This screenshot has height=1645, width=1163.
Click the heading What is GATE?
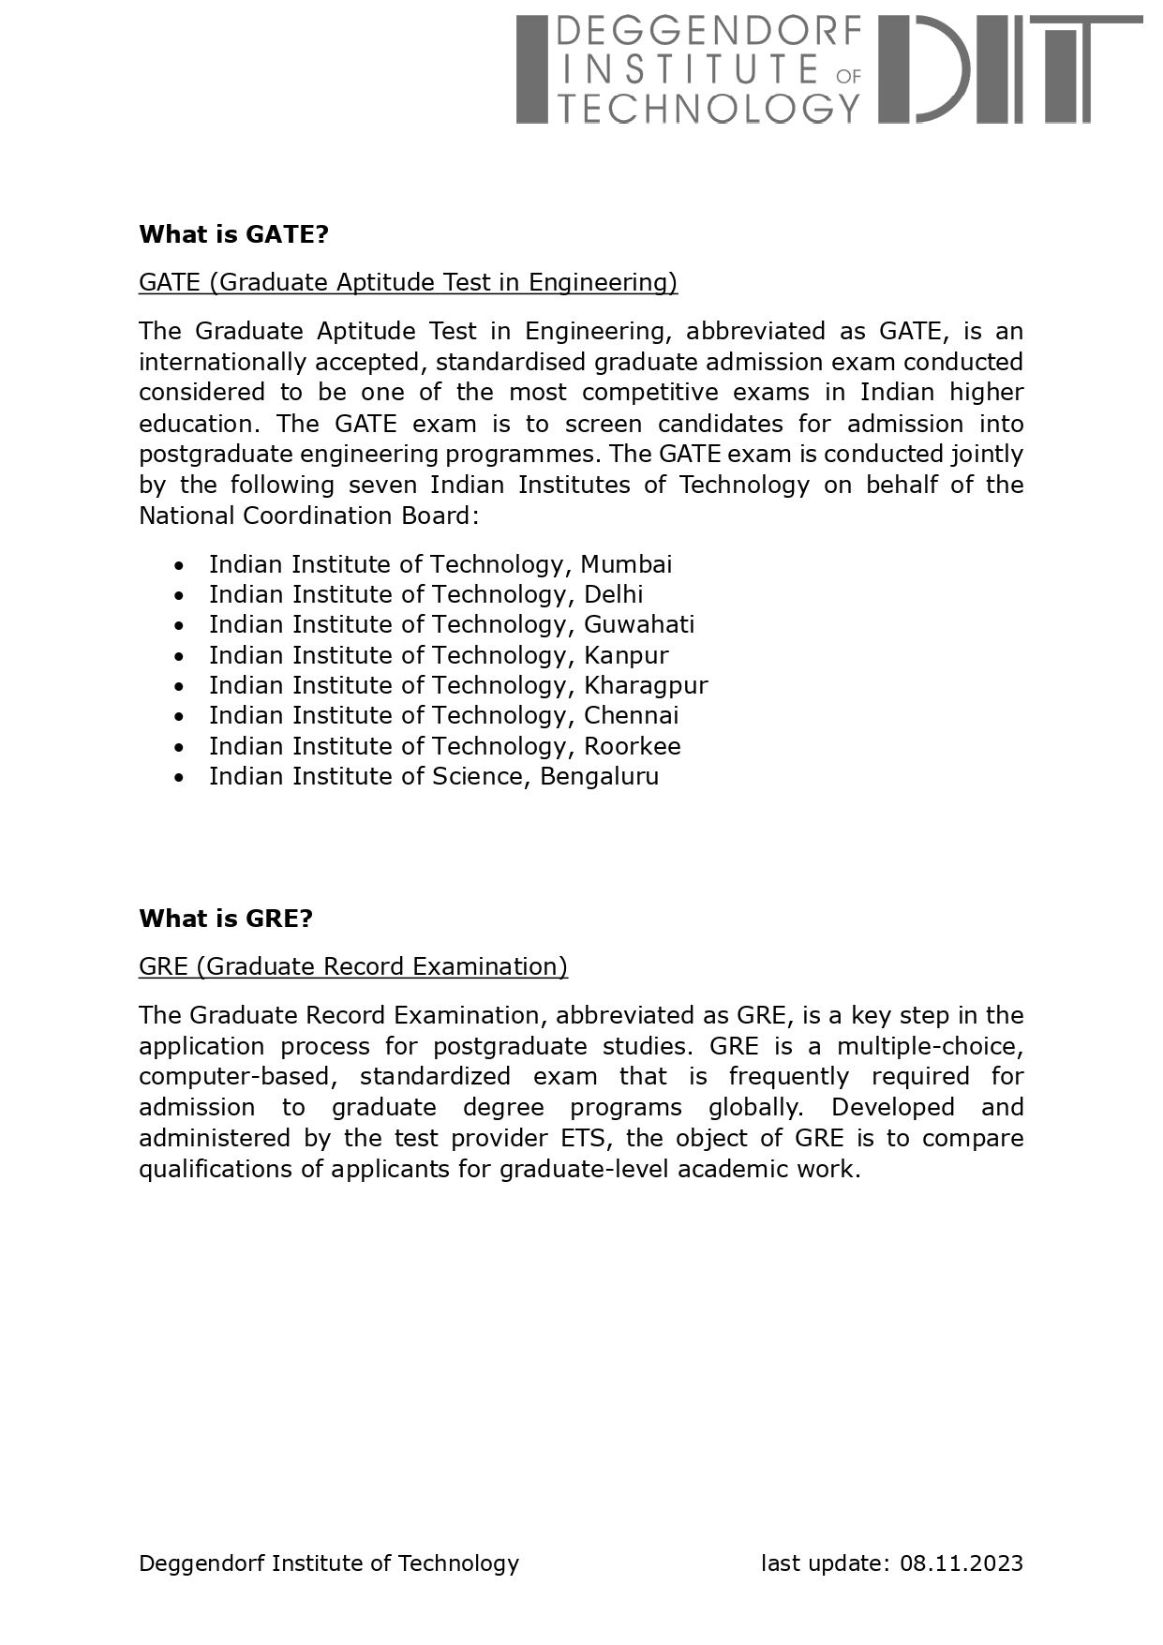[x=233, y=234]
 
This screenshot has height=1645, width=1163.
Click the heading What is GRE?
[x=225, y=919]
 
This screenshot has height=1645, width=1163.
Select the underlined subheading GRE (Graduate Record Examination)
[x=352, y=966]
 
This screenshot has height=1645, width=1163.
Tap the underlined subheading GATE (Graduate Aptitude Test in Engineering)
[x=408, y=282]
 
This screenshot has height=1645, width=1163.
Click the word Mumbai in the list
[x=625, y=564]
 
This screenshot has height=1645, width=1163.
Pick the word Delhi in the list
[x=613, y=594]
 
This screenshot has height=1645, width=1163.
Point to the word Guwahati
[x=638, y=624]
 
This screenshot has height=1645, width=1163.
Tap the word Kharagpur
[x=645, y=685]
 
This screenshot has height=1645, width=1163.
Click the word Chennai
[x=631, y=715]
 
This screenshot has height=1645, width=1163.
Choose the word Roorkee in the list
[x=632, y=746]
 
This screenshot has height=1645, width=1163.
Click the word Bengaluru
[x=599, y=776]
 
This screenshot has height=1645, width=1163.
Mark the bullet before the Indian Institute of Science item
[x=179, y=777]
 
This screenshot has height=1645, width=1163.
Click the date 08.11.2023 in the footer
[x=962, y=1563]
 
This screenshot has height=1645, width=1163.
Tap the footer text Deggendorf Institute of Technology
[x=328, y=1563]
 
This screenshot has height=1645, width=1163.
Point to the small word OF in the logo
[x=848, y=76]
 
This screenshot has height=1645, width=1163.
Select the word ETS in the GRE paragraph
[x=589, y=1138]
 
